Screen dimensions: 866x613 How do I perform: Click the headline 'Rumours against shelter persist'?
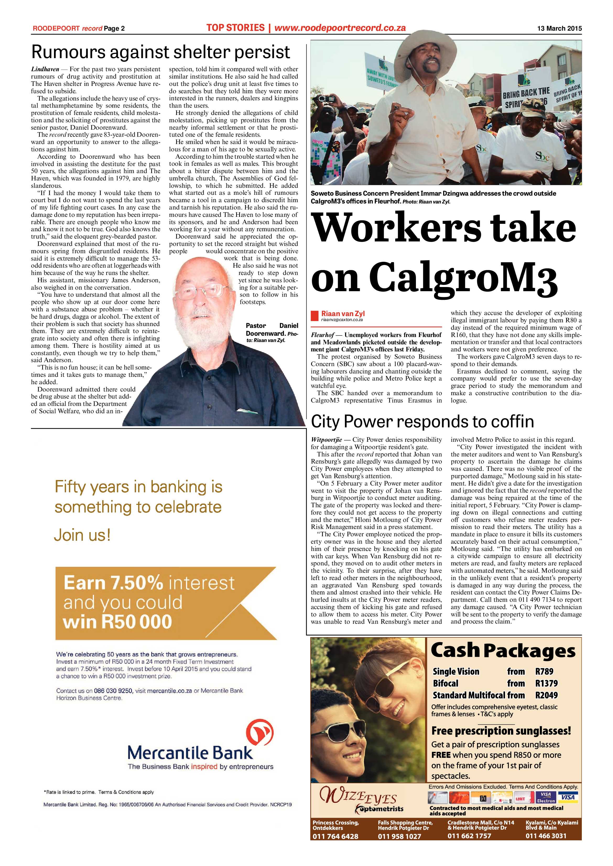pyautogui.click(x=161, y=52)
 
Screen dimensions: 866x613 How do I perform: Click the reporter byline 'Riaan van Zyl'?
pyautogui.click(x=343, y=313)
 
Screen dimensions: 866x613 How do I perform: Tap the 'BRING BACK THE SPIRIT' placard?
pyautogui.click(x=526, y=97)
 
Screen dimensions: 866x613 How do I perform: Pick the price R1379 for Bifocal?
pyautogui.click(x=546, y=683)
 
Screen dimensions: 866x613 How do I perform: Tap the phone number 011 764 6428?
pyautogui.click(x=335, y=847)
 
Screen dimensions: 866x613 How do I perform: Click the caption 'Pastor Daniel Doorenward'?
pyautogui.click(x=272, y=330)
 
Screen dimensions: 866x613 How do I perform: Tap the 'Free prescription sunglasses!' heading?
pyautogui.click(x=501, y=731)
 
